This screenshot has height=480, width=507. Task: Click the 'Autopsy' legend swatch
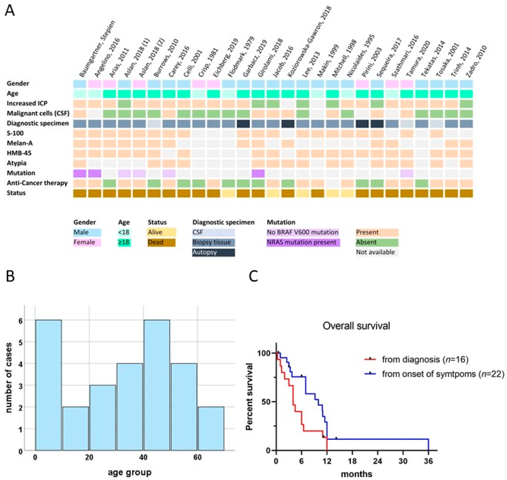click(x=213, y=252)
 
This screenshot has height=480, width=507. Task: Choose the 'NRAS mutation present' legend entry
click(x=303, y=242)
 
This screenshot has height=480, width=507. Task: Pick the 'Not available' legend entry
click(x=376, y=252)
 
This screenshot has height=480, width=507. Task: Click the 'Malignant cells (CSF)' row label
click(x=38, y=113)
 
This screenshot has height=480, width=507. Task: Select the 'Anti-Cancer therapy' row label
click(x=37, y=183)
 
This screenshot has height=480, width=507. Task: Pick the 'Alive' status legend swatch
click(x=161, y=232)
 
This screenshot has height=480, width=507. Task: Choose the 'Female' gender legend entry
click(x=87, y=242)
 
